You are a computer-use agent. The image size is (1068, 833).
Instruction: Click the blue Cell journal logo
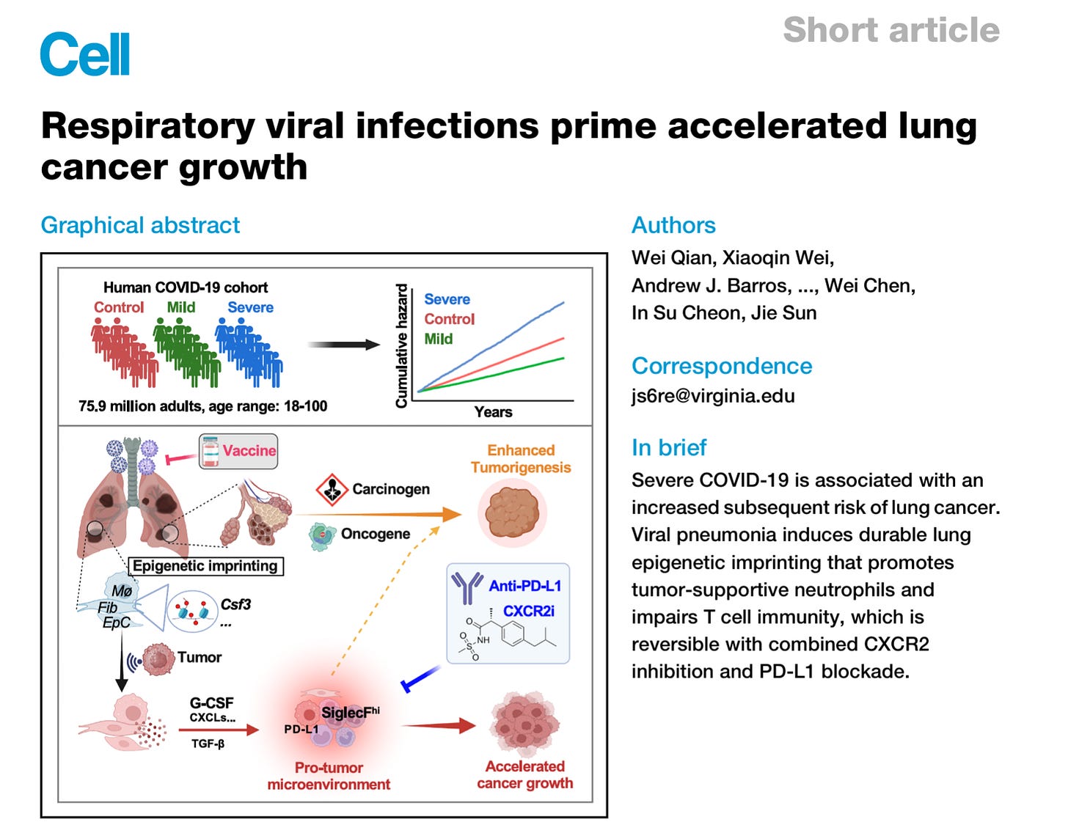coord(85,54)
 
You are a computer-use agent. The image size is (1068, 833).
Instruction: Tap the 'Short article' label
coord(890,31)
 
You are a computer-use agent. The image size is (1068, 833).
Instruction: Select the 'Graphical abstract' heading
coord(140,225)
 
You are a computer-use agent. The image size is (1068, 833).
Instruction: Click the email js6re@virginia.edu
coord(713,396)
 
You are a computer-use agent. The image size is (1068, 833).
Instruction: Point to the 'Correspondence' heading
coord(722,366)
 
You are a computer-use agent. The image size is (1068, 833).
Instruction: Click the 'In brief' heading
coord(669,447)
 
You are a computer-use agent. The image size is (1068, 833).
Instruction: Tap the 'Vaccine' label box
coord(239,451)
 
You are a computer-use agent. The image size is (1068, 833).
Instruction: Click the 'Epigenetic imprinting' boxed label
coord(205,565)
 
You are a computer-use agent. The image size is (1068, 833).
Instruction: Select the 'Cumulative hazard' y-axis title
coord(401,346)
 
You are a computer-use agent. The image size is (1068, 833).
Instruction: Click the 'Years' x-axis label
coord(493,412)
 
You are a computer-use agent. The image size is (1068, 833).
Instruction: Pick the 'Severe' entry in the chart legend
coord(447,299)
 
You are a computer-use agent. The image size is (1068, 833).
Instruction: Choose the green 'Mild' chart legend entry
coord(439,339)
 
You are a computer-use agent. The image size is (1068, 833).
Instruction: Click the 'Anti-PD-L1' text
coord(525,585)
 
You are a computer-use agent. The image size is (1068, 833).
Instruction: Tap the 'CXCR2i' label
coord(529,611)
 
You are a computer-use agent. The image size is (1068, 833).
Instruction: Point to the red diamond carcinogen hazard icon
coord(332,489)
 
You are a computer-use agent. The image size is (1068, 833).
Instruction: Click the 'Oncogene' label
coord(375,534)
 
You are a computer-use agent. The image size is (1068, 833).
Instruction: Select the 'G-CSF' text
coord(211,703)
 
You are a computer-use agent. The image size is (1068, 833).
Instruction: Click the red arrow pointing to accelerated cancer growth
coord(439,726)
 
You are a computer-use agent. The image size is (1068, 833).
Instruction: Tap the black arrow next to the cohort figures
coord(343,345)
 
